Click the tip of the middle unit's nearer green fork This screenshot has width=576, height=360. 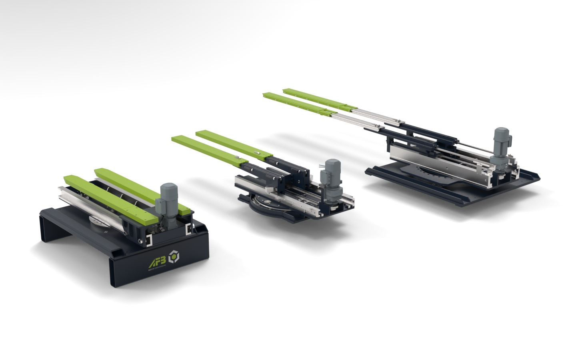click(176, 138)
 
